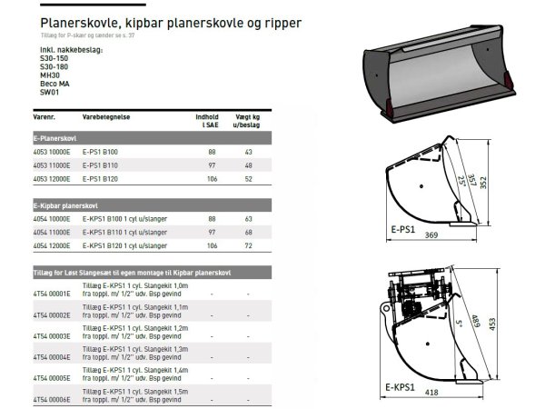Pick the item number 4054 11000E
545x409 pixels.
coord(50,232)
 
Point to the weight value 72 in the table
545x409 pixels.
coord(248,246)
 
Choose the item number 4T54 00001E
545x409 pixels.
coord(49,292)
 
